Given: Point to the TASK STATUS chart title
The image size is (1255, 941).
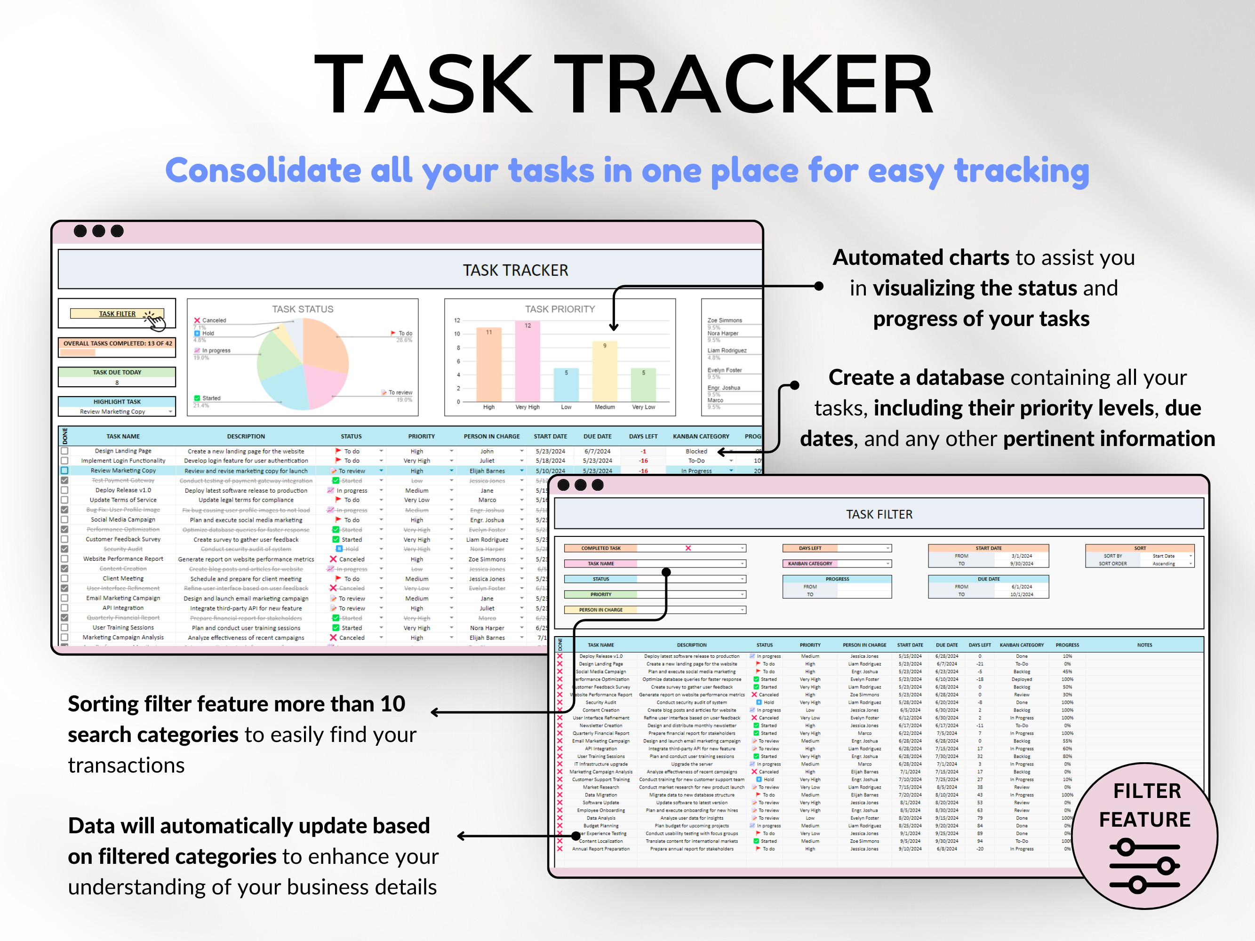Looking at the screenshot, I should [303, 309].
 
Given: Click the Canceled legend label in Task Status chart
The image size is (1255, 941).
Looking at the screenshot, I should [214, 320].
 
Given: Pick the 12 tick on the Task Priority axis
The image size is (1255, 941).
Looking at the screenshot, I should [457, 320].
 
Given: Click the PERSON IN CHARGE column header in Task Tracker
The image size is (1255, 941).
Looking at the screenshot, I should [491, 436].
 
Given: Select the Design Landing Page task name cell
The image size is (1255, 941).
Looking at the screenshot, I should [123, 451].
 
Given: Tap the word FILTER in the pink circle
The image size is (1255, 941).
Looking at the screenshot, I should [1147, 791].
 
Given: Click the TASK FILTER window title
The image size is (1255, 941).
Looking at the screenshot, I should [879, 514].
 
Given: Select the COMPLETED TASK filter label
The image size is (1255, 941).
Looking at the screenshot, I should [600, 548].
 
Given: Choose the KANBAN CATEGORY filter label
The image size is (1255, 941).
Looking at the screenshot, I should [810, 563].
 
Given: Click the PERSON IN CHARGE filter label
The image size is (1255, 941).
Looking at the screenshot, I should [600, 610].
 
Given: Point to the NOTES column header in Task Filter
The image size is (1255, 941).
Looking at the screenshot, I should [1144, 645].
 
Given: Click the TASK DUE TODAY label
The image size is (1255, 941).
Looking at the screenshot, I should [117, 372].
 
